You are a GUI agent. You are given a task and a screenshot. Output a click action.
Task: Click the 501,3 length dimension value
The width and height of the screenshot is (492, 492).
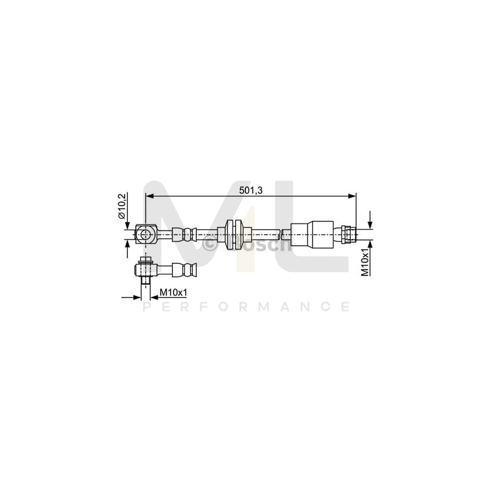click(x=250, y=191)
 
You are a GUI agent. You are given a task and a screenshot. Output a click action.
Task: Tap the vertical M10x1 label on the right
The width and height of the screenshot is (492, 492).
click(x=365, y=262)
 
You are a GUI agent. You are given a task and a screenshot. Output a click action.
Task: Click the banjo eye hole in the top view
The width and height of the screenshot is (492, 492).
click(x=145, y=234)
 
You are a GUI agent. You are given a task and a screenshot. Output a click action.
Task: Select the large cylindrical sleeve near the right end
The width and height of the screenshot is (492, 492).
click(x=311, y=234)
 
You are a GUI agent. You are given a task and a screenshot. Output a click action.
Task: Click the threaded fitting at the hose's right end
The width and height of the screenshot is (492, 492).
click(x=348, y=234)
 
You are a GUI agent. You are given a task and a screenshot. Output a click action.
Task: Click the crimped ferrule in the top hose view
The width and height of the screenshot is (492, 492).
click(x=189, y=234)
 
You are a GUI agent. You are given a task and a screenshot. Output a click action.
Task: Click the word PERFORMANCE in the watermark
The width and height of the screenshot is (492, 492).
click(x=246, y=307)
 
